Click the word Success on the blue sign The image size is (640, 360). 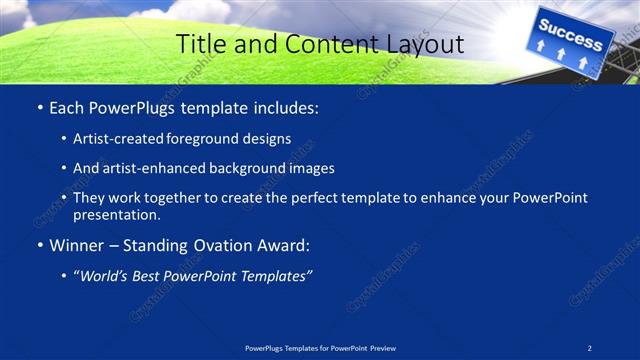(x=571, y=33)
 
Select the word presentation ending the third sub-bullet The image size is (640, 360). (x=116, y=214)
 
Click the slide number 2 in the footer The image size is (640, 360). (x=590, y=347)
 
